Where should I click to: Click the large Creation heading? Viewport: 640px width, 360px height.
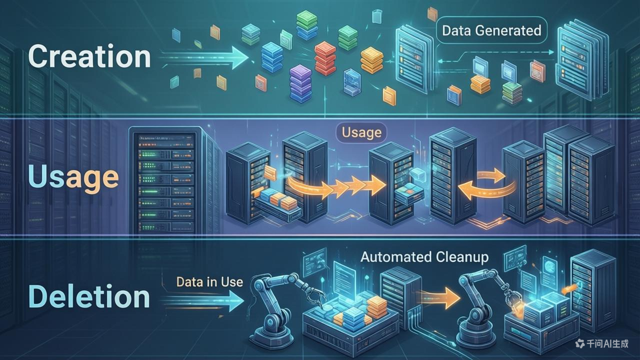tap(89, 56)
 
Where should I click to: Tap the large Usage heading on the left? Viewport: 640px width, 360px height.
tap(73, 177)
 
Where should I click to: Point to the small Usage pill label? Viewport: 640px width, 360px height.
tap(361, 133)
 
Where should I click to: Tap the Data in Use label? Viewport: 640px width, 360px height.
tap(209, 281)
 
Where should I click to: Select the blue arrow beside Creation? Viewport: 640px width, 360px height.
tap(205, 60)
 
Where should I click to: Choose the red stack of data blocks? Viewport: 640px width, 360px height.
tap(326, 59)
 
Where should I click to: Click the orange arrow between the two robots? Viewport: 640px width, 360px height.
tap(440, 298)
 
